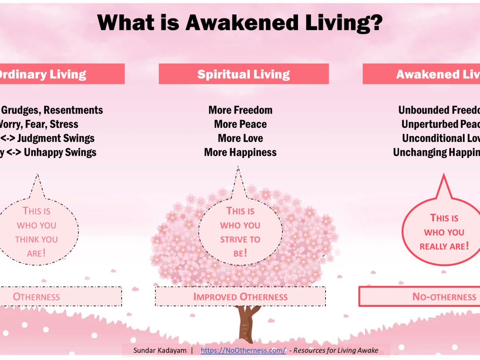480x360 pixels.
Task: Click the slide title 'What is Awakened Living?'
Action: click(x=240, y=23)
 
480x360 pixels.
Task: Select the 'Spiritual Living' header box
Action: click(x=244, y=74)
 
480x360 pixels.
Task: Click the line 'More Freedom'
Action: click(x=240, y=110)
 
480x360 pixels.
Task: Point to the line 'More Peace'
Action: click(x=240, y=124)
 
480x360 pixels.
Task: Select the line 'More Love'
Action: click(x=240, y=138)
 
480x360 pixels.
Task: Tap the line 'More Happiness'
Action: click(x=240, y=152)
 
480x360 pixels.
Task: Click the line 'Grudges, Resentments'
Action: click(x=52, y=110)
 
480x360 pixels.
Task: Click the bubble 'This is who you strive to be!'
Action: click(x=240, y=232)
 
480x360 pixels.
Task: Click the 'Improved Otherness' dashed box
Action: click(x=240, y=296)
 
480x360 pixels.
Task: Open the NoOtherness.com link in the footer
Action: click(x=243, y=350)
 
